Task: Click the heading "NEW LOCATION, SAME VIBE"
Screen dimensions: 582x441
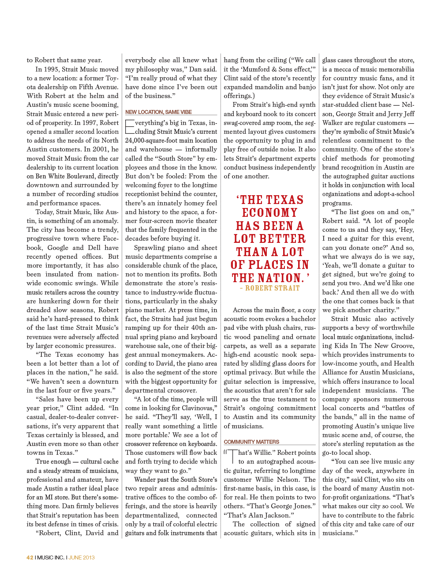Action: click(158, 112)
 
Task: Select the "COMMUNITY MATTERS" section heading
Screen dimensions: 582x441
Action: click(251, 442)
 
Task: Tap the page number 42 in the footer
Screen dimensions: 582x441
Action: click(30, 557)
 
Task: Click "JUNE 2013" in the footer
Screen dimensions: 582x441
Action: click(82, 557)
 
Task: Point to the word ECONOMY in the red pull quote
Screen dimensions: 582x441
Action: click(270, 213)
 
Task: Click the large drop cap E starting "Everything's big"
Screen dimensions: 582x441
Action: click(130, 127)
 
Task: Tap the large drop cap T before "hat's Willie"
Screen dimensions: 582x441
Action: click(232, 457)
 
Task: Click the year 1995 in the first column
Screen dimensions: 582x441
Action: click(57, 69)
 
